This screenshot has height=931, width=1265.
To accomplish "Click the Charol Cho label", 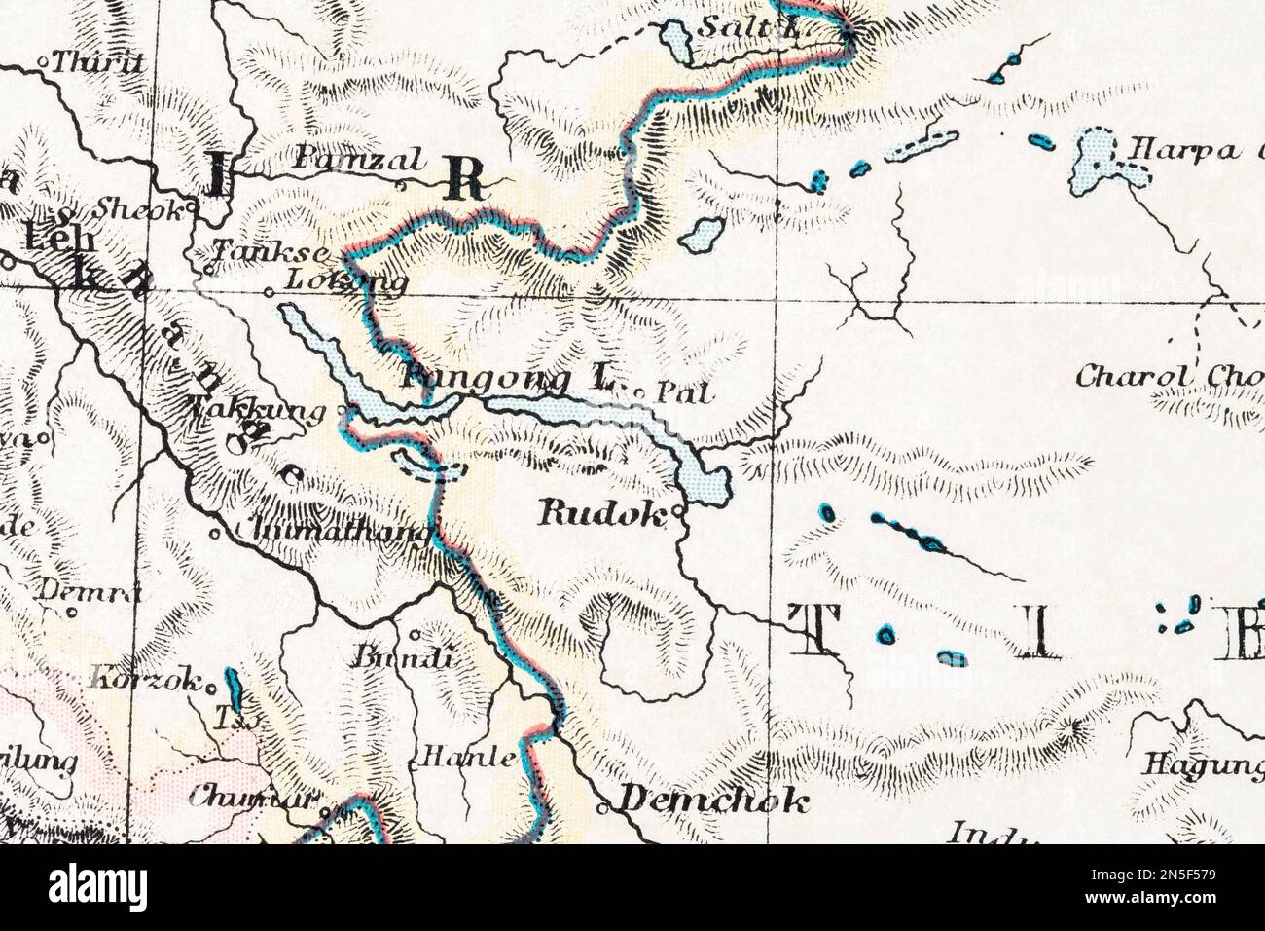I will [x=1168, y=376].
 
